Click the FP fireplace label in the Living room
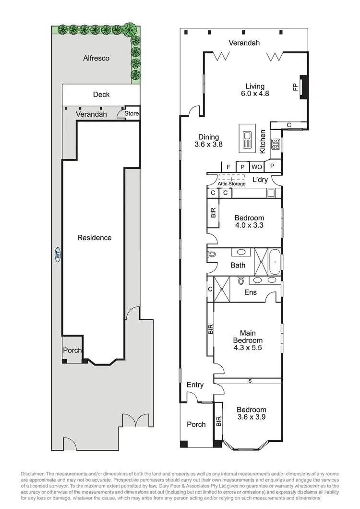[295, 87]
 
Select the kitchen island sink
[247, 139]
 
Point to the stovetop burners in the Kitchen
[276, 143]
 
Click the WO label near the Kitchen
[257, 167]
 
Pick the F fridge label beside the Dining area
[228, 167]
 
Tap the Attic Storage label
[231, 184]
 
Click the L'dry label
[261, 181]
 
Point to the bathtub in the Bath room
[273, 262]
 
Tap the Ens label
[250, 292]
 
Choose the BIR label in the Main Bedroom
[210, 329]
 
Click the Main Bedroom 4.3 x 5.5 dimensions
[248, 340]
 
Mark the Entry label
[195, 385]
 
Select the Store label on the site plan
[132, 114]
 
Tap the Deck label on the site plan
[101, 95]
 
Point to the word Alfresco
[96, 58]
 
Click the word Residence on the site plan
[95, 238]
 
